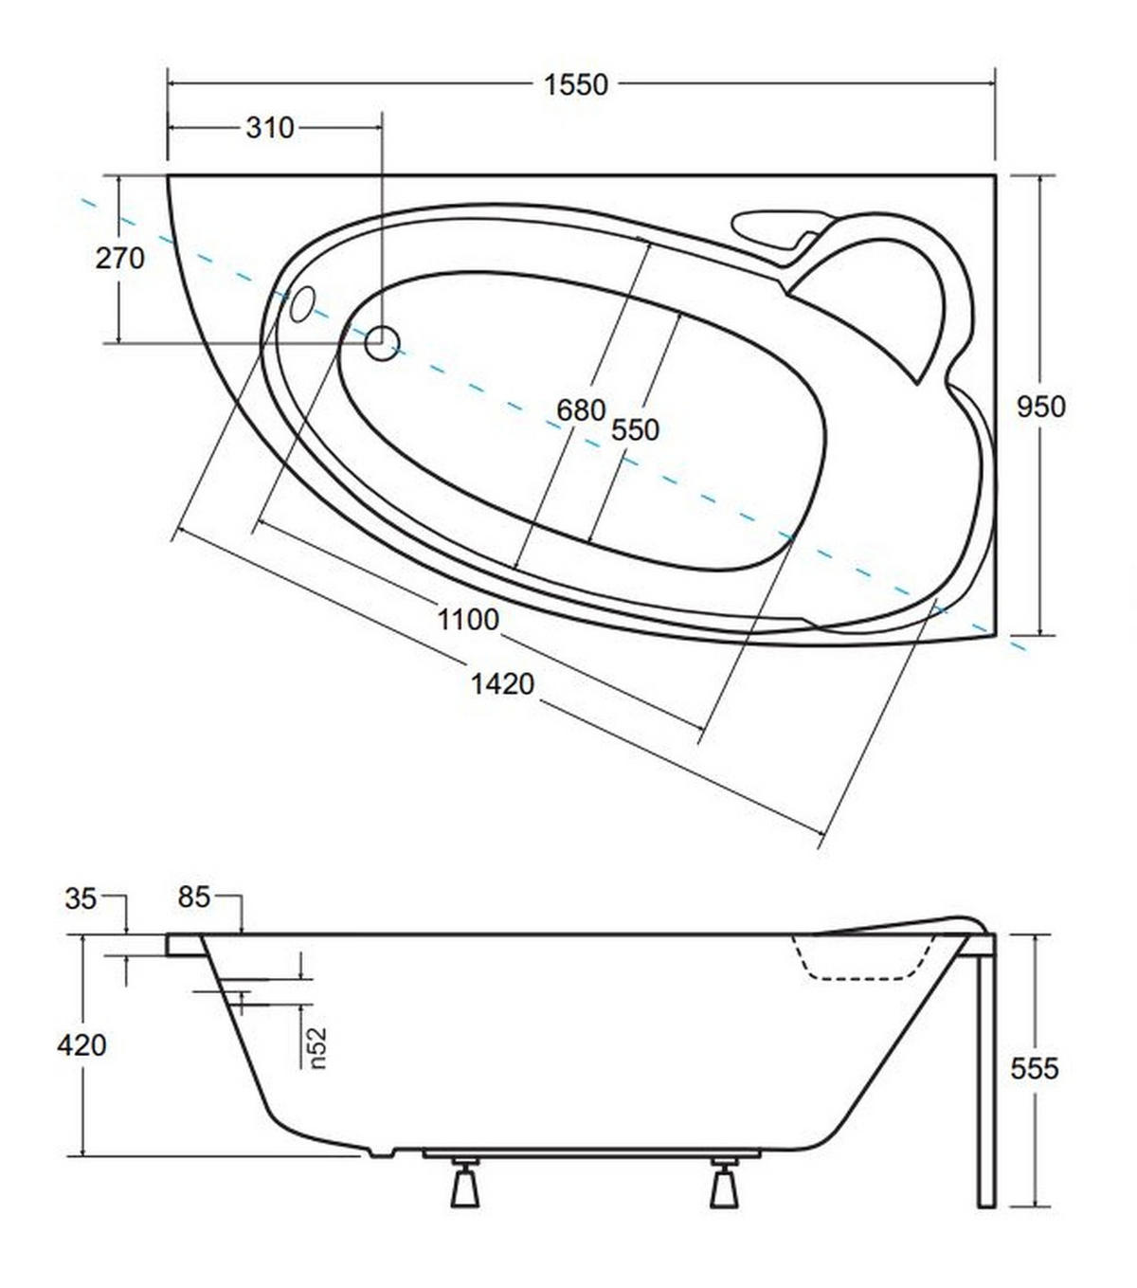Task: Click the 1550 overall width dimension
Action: point(576,84)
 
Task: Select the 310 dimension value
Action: point(270,128)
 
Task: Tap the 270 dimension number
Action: point(120,258)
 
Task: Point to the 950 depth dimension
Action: point(1041,407)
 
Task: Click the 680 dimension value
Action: point(581,410)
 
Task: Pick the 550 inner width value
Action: point(635,430)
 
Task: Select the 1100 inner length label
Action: point(468,619)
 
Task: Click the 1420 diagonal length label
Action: point(502,684)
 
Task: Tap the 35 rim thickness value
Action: point(81,898)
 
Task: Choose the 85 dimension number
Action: point(194,897)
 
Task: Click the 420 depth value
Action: point(81,1045)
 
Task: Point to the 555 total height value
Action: point(1035,1069)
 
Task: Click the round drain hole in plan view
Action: point(382,343)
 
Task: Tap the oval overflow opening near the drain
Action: point(301,303)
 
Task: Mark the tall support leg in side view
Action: point(986,1072)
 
